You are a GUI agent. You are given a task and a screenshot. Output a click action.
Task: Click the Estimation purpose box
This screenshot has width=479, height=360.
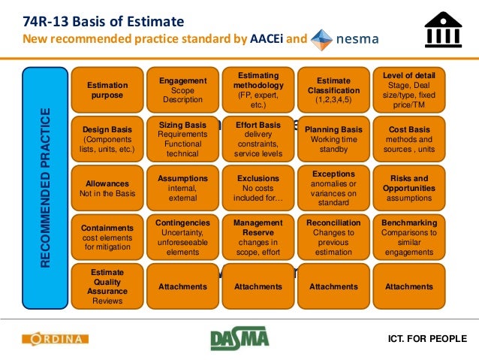click(107, 90)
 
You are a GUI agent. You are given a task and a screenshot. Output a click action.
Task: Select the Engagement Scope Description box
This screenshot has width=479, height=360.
click(182, 90)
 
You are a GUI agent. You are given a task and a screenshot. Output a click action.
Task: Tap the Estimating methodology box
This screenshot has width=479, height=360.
click(258, 90)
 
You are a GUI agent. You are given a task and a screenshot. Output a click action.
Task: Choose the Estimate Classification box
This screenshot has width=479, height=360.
click(333, 90)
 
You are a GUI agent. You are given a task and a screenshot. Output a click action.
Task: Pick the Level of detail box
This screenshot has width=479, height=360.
click(408, 90)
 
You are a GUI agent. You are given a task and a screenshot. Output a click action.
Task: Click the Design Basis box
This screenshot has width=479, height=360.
click(107, 139)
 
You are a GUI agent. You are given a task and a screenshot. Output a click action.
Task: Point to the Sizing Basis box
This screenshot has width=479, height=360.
click(182, 139)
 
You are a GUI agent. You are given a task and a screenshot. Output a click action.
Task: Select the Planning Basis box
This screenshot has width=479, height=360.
click(333, 139)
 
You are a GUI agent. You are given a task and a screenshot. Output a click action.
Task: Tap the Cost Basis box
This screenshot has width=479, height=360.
click(408, 139)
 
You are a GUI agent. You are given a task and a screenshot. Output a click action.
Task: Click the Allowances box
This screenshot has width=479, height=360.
click(107, 188)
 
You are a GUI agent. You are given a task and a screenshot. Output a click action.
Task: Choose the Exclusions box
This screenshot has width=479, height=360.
click(258, 188)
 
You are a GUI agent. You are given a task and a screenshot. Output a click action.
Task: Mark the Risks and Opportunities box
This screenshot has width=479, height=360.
click(408, 188)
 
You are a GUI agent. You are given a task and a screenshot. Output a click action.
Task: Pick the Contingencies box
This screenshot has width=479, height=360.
click(182, 237)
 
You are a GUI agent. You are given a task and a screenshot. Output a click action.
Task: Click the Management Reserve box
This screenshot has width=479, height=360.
click(258, 237)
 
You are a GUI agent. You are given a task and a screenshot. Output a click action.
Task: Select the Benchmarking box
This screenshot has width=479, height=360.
click(408, 237)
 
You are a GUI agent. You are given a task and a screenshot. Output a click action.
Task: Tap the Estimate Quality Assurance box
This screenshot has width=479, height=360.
click(107, 286)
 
